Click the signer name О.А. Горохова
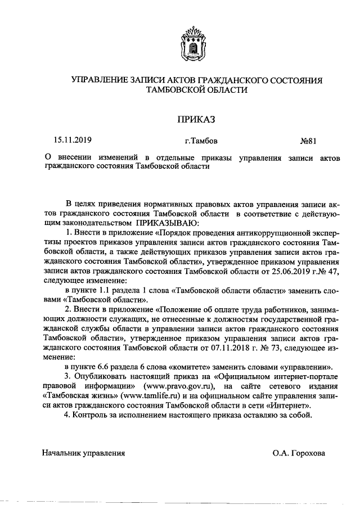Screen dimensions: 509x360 tap(298, 452)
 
